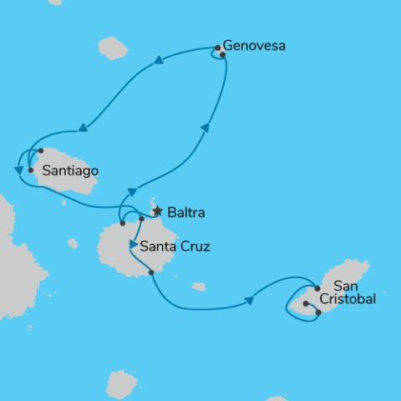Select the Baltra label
coord(185,212)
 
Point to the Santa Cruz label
coord(175,246)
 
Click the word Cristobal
coord(343,298)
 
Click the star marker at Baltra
coord(157,211)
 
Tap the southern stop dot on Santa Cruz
coord(151,272)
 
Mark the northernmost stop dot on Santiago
coord(40,151)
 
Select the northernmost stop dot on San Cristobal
coord(317,288)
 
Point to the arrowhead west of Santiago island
coord(18,170)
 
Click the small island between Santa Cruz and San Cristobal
coord(199,287)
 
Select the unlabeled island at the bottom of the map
coord(122,383)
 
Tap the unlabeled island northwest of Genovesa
coord(112,48)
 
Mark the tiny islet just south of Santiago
coord(64,200)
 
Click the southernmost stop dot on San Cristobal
coord(318,312)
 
